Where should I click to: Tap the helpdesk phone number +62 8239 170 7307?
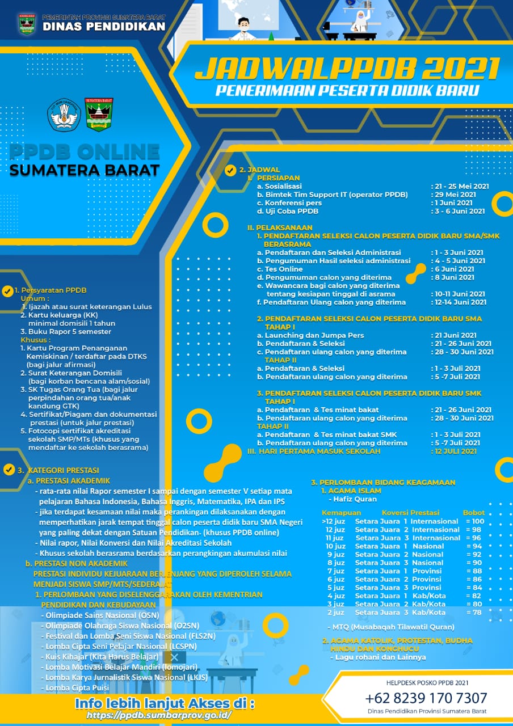426,698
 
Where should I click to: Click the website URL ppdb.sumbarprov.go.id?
159,715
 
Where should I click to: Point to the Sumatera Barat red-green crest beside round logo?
99,114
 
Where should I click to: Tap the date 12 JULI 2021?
456,451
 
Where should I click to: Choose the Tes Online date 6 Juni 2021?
454,269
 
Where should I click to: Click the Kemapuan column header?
342,513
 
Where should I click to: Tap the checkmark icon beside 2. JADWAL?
230,170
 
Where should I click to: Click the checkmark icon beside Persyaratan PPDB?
8,291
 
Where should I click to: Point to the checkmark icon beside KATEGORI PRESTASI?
9,470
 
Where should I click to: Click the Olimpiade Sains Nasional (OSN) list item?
100,615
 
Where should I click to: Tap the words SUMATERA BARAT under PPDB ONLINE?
85,170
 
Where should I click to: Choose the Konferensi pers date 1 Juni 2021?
453,202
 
